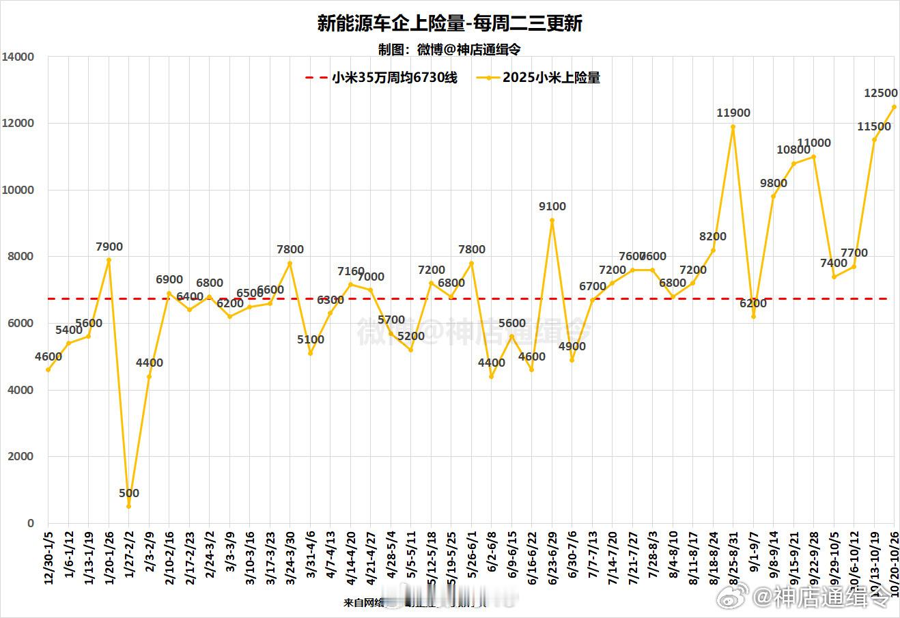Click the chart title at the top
tap(449, 24)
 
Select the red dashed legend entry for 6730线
tap(380, 78)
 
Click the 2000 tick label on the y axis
tap(21, 457)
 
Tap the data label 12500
tap(880, 93)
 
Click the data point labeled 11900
tap(733, 126)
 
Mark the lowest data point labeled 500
tap(128, 506)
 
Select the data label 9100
tap(552, 206)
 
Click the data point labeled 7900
tap(109, 259)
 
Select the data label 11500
tap(874, 126)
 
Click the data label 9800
tap(774, 183)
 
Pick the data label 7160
tap(351, 272)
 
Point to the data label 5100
tap(311, 339)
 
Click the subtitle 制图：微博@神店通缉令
tap(449, 49)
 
